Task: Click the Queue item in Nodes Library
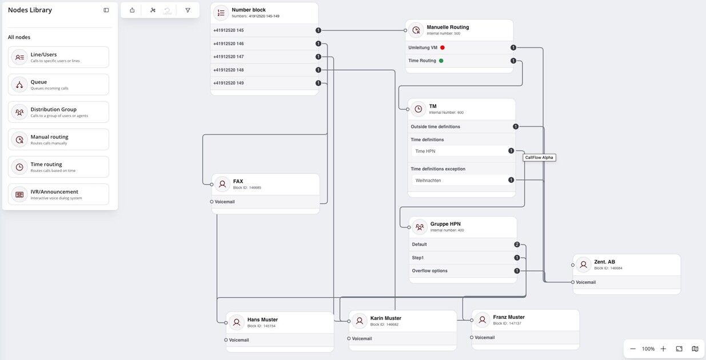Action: [59, 85]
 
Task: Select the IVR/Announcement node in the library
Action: [59, 194]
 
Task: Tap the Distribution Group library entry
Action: [59, 112]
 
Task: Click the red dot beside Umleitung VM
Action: [442, 48]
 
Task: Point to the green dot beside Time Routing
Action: [441, 61]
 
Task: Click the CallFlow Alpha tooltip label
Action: [539, 158]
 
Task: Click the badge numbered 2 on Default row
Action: [517, 245]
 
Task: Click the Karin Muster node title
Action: [386, 318]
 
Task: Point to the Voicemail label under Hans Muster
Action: [239, 340]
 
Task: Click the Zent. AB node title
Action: [605, 262]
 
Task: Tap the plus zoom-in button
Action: [663, 349]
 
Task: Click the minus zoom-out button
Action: [633, 349]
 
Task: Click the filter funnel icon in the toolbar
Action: [188, 10]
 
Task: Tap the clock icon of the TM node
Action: [418, 109]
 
